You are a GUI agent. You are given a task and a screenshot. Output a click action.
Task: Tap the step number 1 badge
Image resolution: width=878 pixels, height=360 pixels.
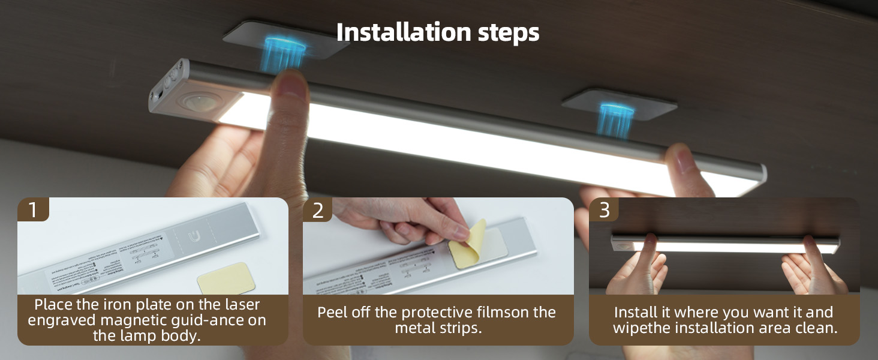32,210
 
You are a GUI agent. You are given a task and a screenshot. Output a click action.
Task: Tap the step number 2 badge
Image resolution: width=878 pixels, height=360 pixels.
318,210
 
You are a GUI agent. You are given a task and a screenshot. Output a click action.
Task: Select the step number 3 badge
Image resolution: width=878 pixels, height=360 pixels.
604,210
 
